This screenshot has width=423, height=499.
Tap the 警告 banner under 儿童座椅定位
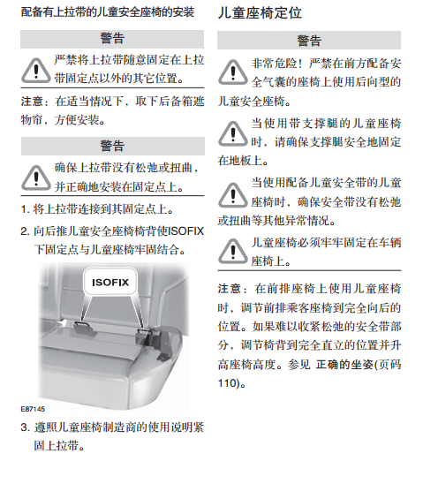pyautogui.click(x=309, y=40)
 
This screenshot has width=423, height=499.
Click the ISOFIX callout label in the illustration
pyautogui.click(x=111, y=283)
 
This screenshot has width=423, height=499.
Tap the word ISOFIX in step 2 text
pyautogui.click(x=185, y=231)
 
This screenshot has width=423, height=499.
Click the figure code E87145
pyautogui.click(x=34, y=409)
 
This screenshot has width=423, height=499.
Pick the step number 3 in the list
pyautogui.click(x=25, y=427)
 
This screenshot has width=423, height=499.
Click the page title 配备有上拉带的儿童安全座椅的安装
pyautogui.click(x=106, y=13)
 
